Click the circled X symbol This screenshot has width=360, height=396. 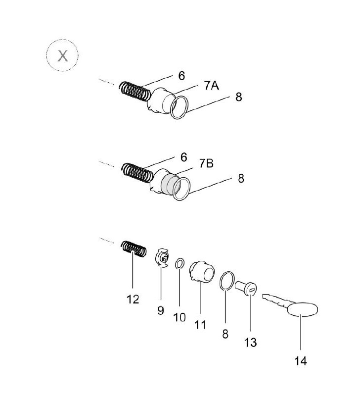[63, 55]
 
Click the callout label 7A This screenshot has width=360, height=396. [212, 86]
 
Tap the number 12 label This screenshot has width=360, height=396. [133, 299]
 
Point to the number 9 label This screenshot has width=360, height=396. [161, 310]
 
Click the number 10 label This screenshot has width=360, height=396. [180, 317]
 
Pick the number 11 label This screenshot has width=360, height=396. [200, 325]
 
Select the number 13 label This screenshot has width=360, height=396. [251, 342]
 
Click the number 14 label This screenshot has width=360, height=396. [301, 361]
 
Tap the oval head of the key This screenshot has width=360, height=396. [302, 312]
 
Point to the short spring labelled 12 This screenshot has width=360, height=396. [134, 248]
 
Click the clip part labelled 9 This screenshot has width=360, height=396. [162, 259]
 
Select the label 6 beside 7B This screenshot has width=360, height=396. [183, 157]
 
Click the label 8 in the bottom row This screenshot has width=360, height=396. [225, 335]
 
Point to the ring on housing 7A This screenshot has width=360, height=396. [180, 107]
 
